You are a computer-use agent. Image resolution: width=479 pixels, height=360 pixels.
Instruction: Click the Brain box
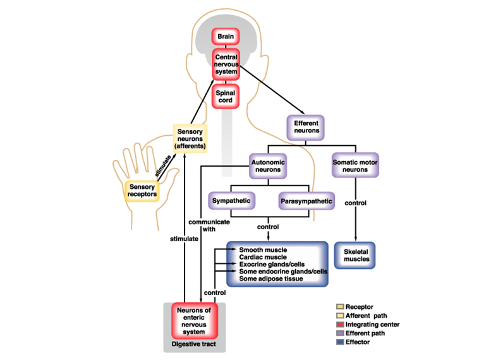(226, 37)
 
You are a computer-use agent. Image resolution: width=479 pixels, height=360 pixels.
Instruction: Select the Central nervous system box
(226, 64)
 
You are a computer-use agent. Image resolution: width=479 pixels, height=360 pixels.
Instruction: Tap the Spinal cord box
(226, 97)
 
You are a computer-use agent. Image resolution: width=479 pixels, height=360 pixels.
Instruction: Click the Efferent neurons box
(305, 128)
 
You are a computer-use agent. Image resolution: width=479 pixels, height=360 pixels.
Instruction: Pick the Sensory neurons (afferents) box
(190, 138)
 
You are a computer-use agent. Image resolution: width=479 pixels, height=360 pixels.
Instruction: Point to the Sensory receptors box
(142, 191)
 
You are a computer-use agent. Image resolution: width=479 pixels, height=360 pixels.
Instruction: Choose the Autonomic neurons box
(268, 166)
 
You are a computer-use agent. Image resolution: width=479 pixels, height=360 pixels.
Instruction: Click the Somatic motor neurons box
(355, 165)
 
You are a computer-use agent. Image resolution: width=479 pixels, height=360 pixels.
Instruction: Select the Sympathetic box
(231, 201)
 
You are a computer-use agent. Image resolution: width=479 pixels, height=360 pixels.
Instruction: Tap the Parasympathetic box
(306, 201)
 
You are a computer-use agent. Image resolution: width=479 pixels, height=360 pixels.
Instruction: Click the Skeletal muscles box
(355, 256)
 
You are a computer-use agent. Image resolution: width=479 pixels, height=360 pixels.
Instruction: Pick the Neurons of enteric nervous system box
(194, 321)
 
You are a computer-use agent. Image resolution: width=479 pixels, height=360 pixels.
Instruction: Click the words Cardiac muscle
(263, 257)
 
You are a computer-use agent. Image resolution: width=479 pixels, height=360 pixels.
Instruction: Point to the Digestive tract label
(193, 344)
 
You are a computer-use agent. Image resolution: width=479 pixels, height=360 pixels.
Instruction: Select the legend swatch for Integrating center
(340, 324)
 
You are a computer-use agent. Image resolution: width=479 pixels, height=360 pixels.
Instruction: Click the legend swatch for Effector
(340, 342)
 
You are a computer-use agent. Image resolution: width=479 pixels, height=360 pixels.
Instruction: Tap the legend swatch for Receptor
(340, 306)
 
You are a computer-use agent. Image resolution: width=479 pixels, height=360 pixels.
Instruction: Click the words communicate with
(209, 225)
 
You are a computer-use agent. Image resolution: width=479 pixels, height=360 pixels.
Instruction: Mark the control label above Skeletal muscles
(355, 203)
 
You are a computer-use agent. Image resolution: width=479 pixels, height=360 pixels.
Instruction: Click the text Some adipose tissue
(271, 279)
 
